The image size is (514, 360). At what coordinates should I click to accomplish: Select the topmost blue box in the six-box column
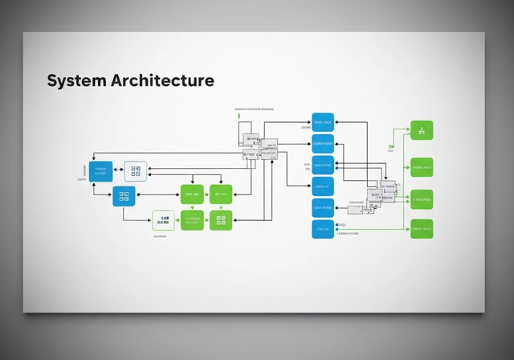pos(323,122)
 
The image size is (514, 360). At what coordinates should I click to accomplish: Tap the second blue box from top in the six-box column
pos(323,144)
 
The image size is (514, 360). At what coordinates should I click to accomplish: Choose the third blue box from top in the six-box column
pos(323,166)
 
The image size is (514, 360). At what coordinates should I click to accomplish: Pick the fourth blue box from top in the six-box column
pos(323,187)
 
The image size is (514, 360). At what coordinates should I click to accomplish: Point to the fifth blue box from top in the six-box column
pos(323,208)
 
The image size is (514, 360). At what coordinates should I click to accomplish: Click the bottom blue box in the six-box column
pos(323,229)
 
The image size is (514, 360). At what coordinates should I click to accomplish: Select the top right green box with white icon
pos(422,130)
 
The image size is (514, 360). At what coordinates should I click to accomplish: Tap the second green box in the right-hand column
pos(422,168)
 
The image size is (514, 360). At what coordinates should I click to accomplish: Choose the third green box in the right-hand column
pos(422,199)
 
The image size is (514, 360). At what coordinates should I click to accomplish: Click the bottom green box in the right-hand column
pos(422,229)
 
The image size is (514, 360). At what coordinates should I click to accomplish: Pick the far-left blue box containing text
pos(101,171)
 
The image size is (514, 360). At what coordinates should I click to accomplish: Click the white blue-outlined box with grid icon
pos(136,171)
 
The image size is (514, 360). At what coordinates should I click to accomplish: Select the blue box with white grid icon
pos(124,196)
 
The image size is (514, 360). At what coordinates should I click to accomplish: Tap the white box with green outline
pos(163,219)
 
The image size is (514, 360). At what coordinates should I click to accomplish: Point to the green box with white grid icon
pos(221,219)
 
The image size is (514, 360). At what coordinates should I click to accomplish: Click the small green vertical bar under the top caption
pos(239,117)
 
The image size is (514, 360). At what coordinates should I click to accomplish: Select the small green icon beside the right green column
pos(391,147)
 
